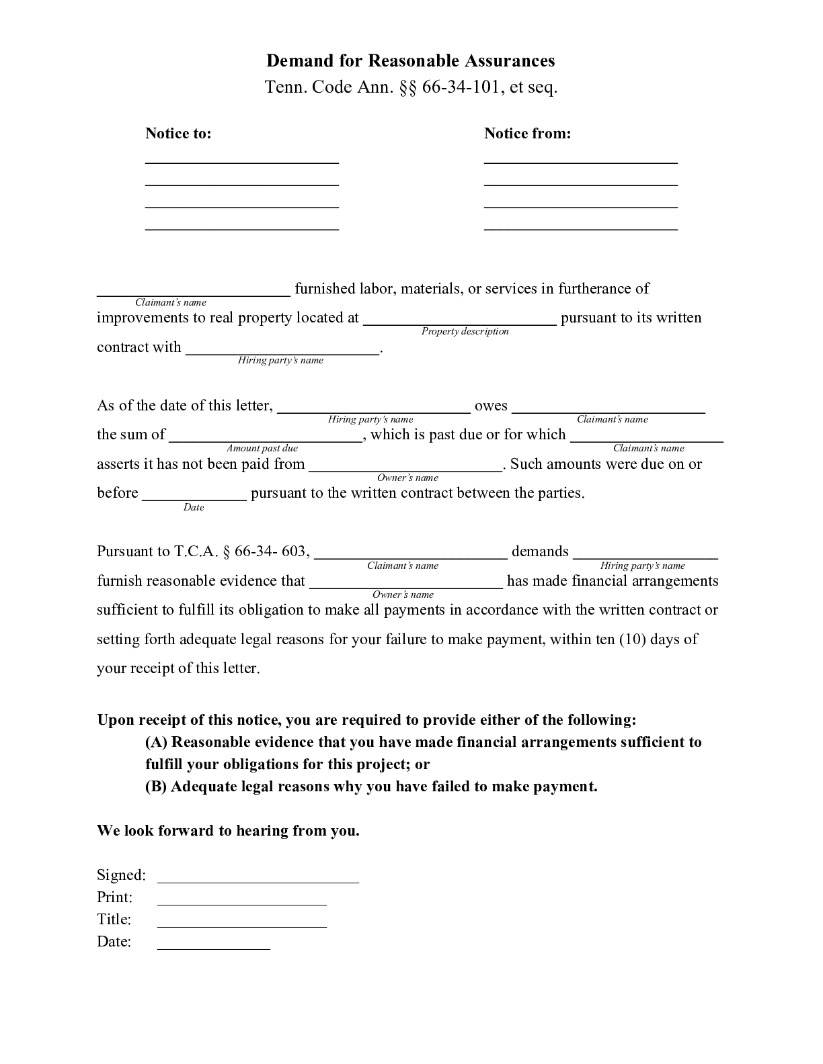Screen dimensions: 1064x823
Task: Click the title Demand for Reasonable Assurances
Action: [410, 61]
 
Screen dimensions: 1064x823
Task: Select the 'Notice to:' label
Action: [178, 134]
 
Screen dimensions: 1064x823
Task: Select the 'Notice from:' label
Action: [527, 134]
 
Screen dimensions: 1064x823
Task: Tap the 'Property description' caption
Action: [465, 331]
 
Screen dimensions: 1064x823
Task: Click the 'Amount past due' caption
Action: [262, 448]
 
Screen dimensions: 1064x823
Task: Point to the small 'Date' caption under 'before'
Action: [194, 507]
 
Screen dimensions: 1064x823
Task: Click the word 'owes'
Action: [491, 406]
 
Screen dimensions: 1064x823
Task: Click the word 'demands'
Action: [540, 551]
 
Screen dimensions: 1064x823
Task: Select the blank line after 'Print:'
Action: [242, 903]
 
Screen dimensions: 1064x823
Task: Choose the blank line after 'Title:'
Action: [242, 925]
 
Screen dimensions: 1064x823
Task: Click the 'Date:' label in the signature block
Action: [114, 942]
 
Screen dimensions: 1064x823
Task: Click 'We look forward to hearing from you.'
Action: [228, 831]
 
